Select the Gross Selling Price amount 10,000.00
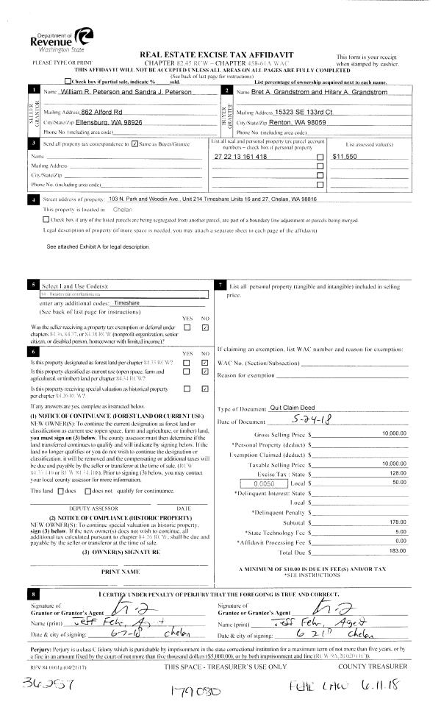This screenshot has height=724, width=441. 394,434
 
